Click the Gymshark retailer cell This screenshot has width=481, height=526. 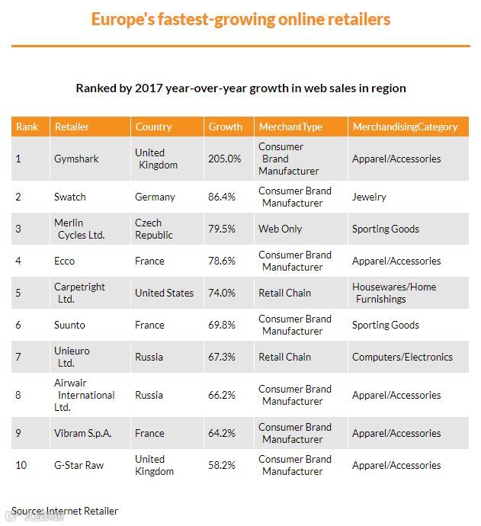click(x=76, y=159)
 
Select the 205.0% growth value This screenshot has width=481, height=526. click(x=224, y=159)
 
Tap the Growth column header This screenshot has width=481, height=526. click(x=226, y=127)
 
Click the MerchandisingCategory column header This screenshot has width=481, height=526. click(x=405, y=127)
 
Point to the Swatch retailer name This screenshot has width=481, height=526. click(x=70, y=197)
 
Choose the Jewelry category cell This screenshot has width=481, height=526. click(x=369, y=197)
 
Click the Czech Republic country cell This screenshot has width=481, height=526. click(x=154, y=229)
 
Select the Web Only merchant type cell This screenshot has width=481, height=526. click(x=281, y=229)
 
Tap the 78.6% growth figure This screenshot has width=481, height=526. click(x=222, y=261)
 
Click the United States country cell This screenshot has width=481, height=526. click(x=164, y=293)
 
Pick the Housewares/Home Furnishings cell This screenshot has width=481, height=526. click(x=394, y=293)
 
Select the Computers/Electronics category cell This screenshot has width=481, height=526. click(x=402, y=357)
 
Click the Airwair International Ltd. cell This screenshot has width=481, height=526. click(x=84, y=395)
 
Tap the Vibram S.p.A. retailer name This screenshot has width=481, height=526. click(x=82, y=433)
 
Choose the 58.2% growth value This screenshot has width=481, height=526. click(x=222, y=465)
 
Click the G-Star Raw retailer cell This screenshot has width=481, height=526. click(x=79, y=465)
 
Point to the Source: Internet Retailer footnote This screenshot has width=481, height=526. click(x=65, y=511)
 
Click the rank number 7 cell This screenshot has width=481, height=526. click(x=19, y=357)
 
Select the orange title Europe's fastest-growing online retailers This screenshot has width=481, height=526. click(x=241, y=19)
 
